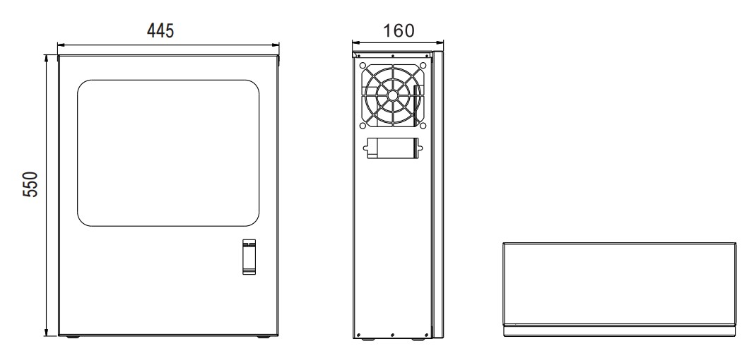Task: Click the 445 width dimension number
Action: tap(160, 31)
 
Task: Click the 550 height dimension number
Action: tap(30, 184)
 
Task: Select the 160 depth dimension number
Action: tap(398, 31)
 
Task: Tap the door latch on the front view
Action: tap(249, 257)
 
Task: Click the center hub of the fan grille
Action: tap(393, 95)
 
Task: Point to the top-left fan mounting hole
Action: tap(363, 66)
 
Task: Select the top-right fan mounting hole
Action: tap(423, 66)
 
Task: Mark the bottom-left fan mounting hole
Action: tap(363, 126)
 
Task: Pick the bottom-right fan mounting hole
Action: tap(423, 126)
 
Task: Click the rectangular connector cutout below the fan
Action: tap(393, 148)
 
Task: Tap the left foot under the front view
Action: tap(73, 337)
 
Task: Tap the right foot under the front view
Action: tap(263, 337)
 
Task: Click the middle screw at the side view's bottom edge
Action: tap(392, 335)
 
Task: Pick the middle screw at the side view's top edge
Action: tap(392, 55)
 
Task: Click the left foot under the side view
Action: tap(367, 340)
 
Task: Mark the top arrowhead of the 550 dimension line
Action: tap(46, 58)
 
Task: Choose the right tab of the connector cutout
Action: tap(420, 148)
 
